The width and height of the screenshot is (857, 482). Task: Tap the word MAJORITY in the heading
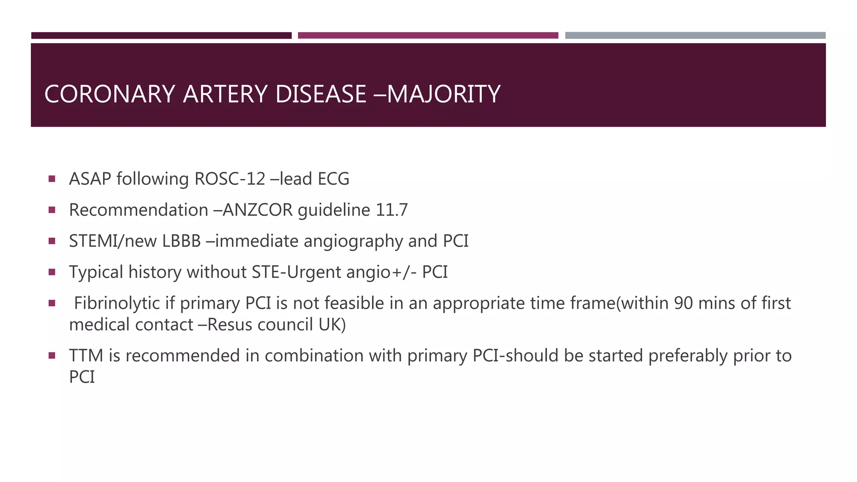click(x=444, y=94)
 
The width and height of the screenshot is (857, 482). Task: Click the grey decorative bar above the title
click(x=695, y=36)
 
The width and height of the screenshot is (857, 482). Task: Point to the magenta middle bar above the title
click(x=428, y=36)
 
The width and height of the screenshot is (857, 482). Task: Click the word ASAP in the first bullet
click(x=90, y=179)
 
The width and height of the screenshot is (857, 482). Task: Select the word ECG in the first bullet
click(x=334, y=179)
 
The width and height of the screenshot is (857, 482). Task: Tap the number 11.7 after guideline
click(x=392, y=210)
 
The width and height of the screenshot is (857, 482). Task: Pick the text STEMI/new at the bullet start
click(x=113, y=241)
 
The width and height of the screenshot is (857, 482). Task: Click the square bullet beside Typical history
click(x=52, y=272)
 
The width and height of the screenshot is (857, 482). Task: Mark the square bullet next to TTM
click(x=52, y=356)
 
